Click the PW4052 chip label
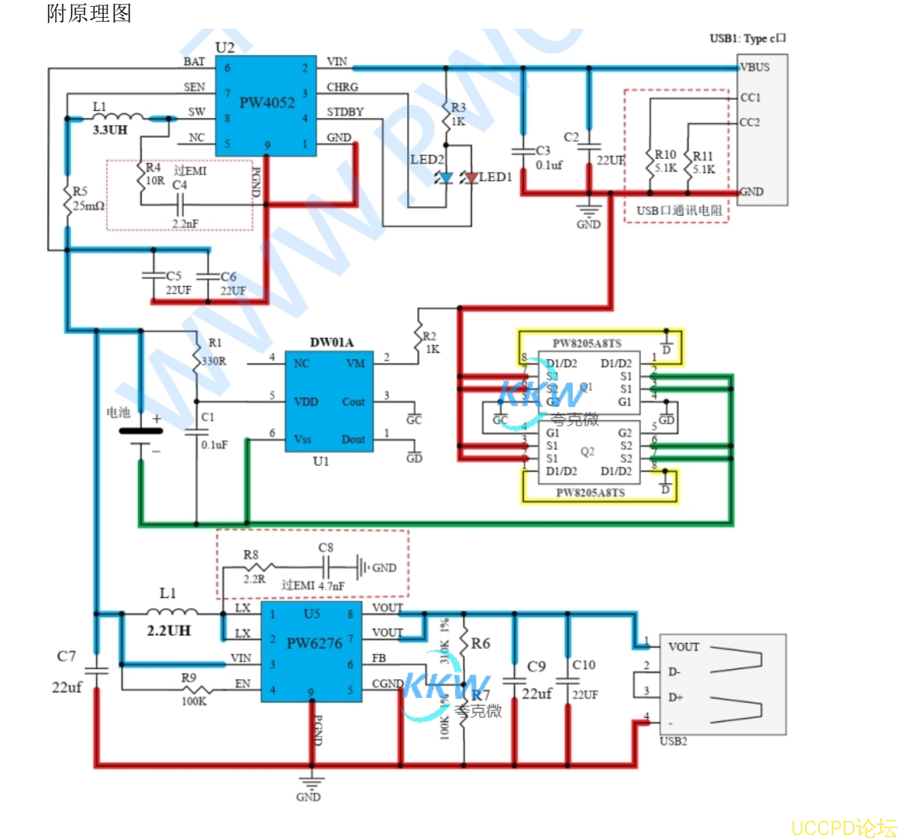click(267, 102)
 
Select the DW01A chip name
click(331, 343)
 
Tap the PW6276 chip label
click(314, 643)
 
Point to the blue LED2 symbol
click(446, 178)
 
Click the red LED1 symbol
click(471, 178)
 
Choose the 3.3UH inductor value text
click(109, 130)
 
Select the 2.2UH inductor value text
click(168, 630)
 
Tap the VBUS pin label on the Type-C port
click(754, 67)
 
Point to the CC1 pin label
click(750, 98)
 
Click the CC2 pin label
click(750, 123)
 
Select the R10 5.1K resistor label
click(665, 161)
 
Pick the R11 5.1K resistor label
click(703, 162)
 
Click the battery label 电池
click(118, 413)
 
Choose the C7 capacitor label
click(67, 657)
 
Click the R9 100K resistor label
click(191, 689)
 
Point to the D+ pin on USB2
click(675, 697)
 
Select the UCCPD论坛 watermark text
click(843, 827)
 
